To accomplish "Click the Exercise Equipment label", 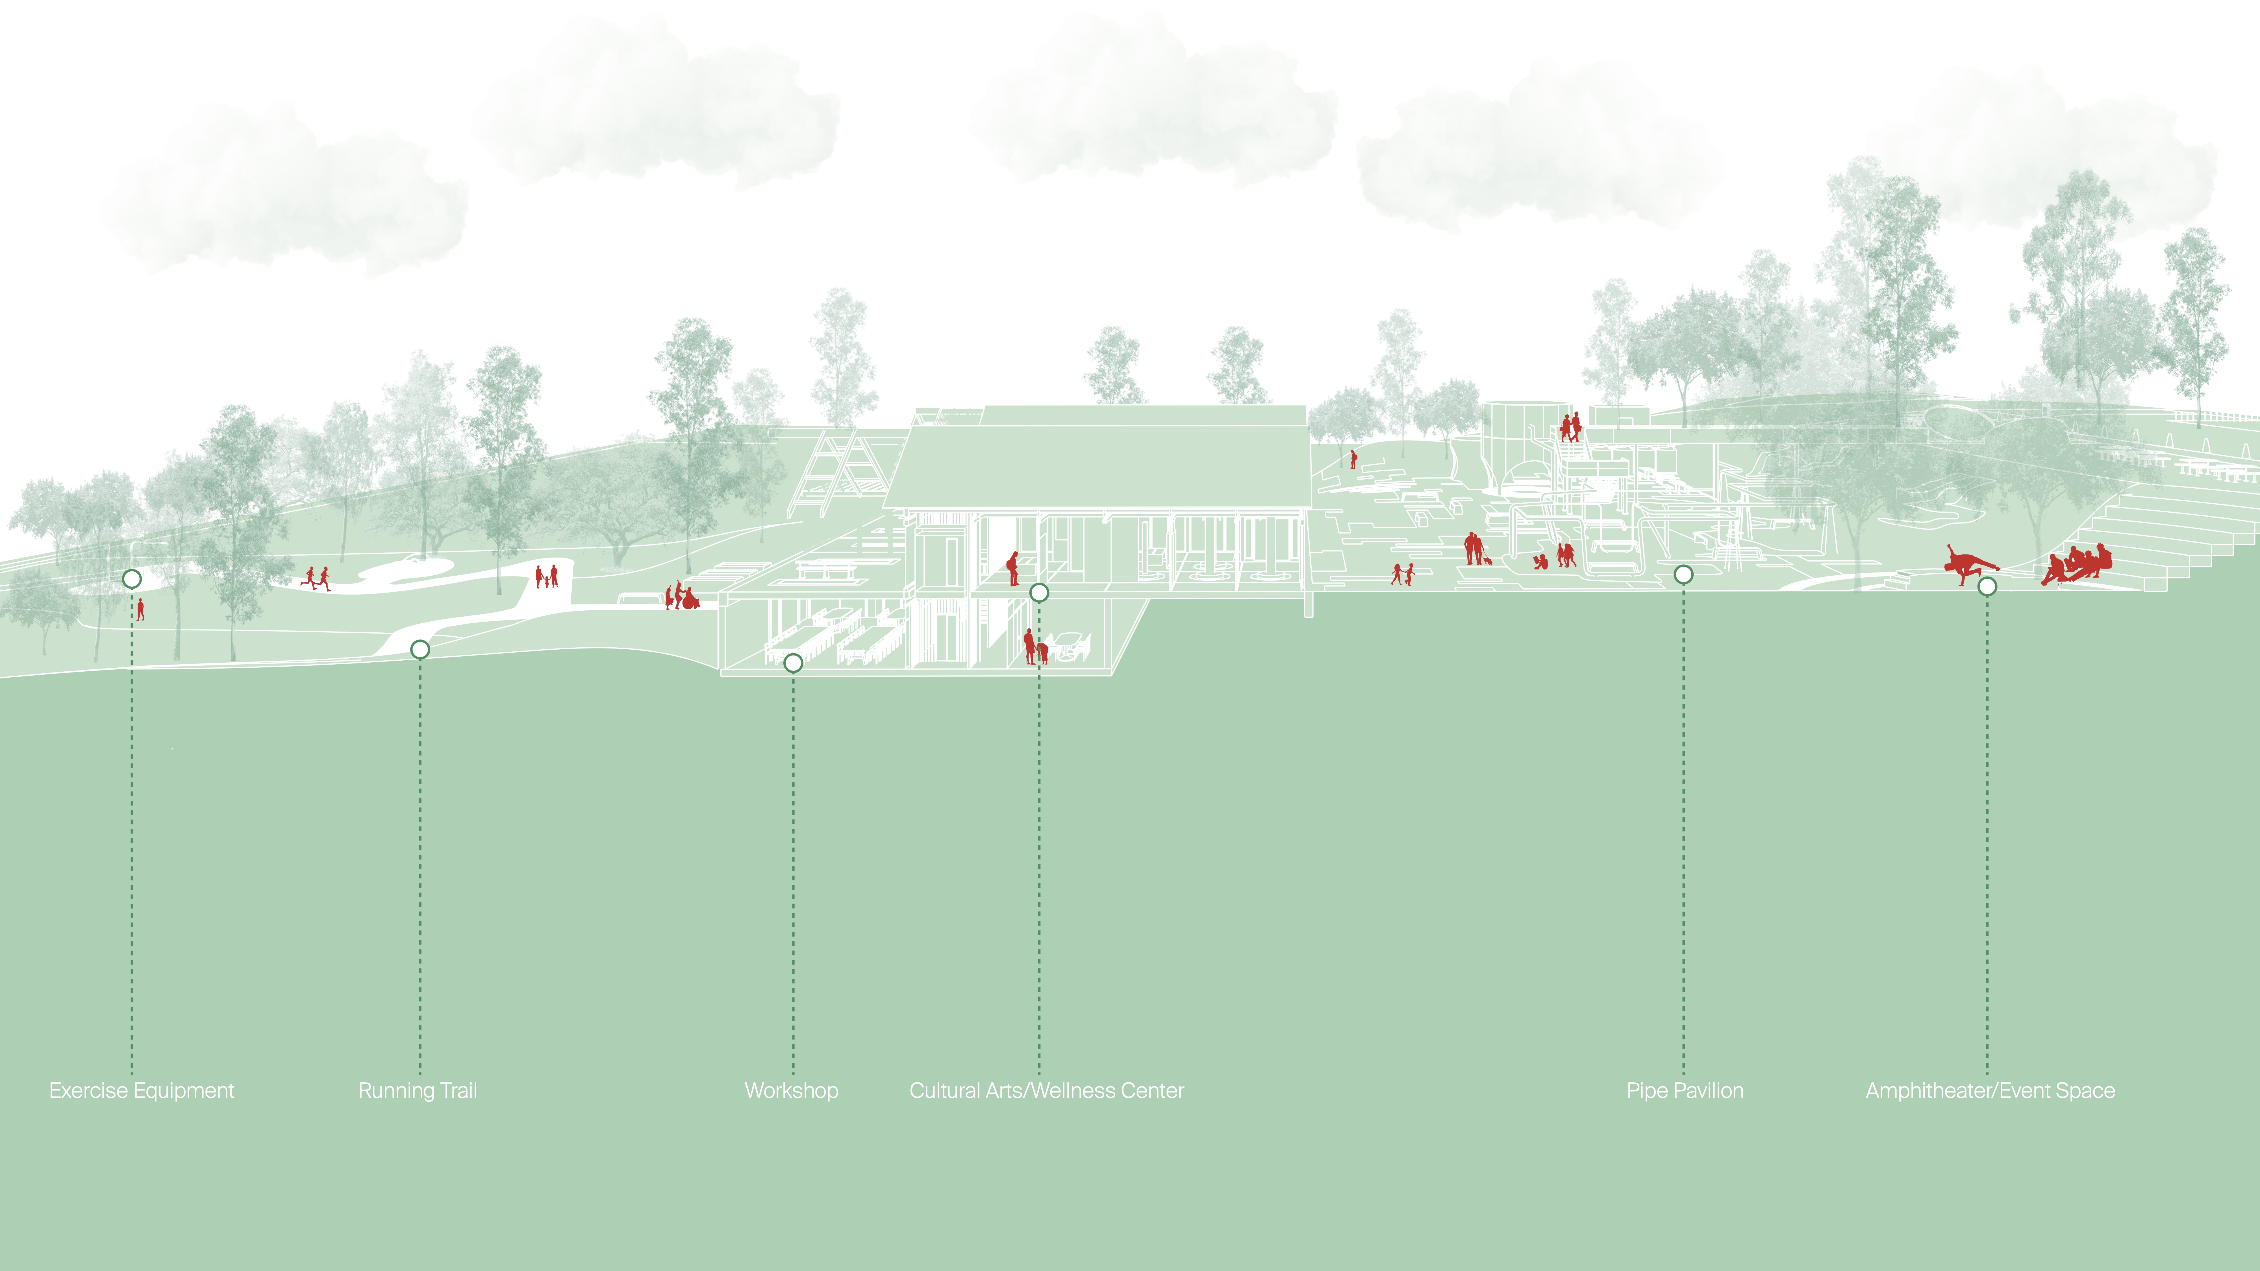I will click(x=141, y=1090).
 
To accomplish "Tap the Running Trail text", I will click(x=418, y=1090).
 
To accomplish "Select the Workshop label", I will click(x=791, y=1090).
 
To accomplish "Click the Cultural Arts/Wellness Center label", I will click(x=1047, y=1090).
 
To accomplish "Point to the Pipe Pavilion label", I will click(x=1685, y=1090).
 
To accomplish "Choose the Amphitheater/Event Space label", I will click(x=1990, y=1090).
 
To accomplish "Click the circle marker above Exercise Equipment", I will click(x=132, y=579).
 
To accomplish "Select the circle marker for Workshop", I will click(x=793, y=663).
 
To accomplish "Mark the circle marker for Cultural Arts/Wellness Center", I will click(x=1039, y=593).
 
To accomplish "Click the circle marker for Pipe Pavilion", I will click(x=1683, y=574).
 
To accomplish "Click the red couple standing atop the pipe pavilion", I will click(x=1570, y=427).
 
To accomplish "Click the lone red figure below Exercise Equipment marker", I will click(x=140, y=609).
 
